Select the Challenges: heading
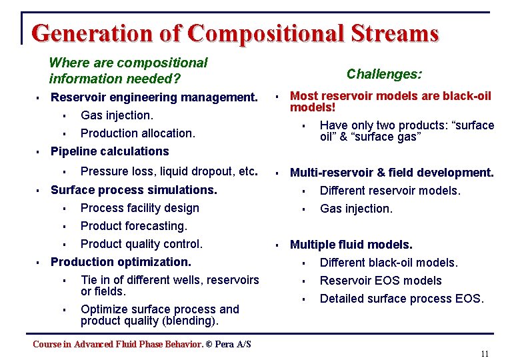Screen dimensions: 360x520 [384, 74]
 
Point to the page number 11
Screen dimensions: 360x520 [485, 353]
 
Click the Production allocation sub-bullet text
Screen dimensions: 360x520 [138, 133]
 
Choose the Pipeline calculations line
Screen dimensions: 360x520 [110, 151]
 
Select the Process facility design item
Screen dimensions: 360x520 [140, 208]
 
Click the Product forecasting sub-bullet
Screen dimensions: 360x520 [134, 226]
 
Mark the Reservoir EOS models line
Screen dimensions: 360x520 [381, 281]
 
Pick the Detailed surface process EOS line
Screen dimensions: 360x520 [401, 299]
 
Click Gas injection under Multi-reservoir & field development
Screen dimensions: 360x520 [356, 209]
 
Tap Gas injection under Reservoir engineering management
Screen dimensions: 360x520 [117, 115]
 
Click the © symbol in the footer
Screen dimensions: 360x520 [209, 344]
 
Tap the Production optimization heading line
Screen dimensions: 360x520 [121, 262]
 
